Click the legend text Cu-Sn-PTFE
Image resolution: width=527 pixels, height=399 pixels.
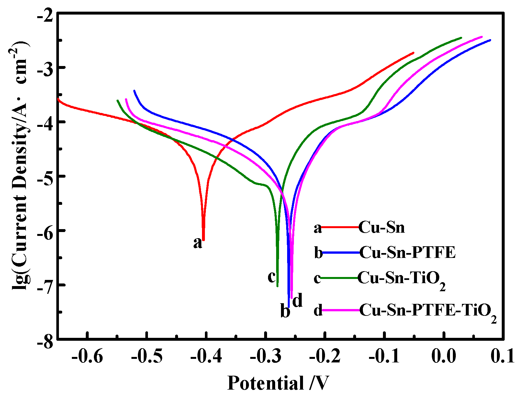(x=407, y=252)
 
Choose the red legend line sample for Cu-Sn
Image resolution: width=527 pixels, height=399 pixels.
(x=340, y=227)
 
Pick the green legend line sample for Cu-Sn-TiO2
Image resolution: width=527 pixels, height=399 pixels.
(x=340, y=278)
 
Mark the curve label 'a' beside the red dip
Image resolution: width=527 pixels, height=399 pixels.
(x=197, y=243)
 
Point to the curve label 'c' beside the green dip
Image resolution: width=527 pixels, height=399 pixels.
(x=272, y=277)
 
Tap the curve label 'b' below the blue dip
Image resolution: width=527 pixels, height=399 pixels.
(x=285, y=312)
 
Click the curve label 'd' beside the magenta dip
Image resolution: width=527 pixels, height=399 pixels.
(x=297, y=301)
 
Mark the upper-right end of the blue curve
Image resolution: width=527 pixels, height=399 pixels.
(x=490, y=40)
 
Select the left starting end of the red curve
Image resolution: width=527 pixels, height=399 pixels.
(x=58, y=98)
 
